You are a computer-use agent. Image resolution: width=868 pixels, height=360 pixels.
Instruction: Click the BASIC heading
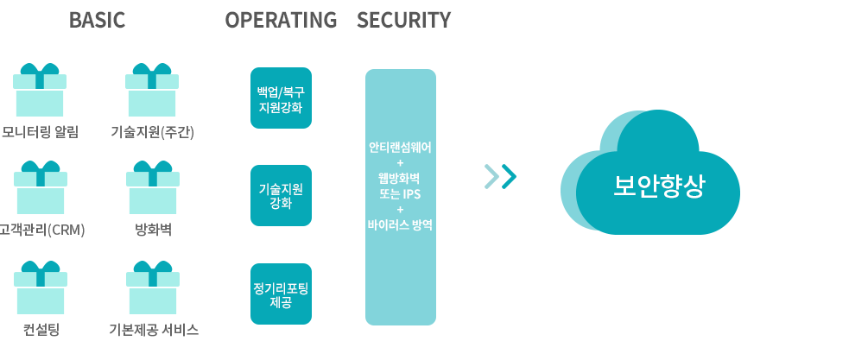tap(97, 20)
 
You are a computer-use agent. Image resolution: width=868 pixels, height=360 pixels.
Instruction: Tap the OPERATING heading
tap(281, 20)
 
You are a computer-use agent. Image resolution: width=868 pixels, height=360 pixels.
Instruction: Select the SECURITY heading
tap(403, 20)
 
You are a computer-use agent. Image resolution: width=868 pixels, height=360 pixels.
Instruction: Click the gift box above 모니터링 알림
tap(40, 90)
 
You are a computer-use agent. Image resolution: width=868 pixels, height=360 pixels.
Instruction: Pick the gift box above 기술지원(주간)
tap(152, 90)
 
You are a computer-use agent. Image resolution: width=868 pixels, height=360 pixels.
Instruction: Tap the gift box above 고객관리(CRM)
tap(41, 187)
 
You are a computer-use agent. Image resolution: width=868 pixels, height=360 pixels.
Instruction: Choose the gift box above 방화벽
tap(153, 187)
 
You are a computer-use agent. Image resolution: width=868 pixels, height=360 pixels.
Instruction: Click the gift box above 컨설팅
tap(41, 287)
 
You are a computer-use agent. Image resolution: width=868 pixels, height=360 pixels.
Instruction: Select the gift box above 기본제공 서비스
tap(153, 287)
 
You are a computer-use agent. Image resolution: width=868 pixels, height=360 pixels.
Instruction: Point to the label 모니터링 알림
tap(40, 132)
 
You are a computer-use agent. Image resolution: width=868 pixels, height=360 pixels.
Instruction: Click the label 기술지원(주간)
tap(152, 133)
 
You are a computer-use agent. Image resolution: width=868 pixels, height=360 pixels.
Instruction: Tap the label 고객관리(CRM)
tap(42, 230)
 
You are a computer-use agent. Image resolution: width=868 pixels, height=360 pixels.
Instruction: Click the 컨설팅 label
tap(41, 330)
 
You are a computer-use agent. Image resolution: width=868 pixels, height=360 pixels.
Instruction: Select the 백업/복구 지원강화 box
tap(281, 98)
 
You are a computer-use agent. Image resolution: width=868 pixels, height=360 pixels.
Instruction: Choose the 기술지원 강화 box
tap(281, 196)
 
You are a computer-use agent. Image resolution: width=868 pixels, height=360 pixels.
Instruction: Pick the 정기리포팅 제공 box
tap(281, 294)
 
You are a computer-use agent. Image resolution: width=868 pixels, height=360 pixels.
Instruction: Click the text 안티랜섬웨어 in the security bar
tap(400, 148)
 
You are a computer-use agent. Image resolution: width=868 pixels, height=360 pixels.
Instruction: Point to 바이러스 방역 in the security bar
tap(400, 225)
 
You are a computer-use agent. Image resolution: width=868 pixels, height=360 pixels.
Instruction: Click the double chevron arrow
tap(500, 177)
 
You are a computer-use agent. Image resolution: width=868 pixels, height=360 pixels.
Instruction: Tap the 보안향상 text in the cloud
tap(659, 186)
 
